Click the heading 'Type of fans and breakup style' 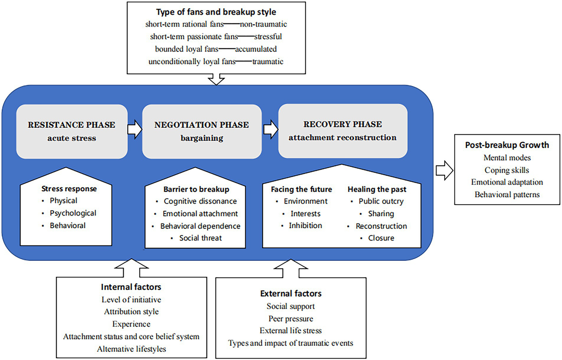tap(216, 12)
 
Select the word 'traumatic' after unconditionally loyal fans tap(268, 61)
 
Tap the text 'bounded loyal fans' tap(186, 49)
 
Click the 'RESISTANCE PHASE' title tap(72, 125)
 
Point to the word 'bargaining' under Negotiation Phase tap(202, 138)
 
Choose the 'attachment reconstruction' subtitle tap(342, 138)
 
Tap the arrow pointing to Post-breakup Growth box tap(444, 170)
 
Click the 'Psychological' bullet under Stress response tap(73, 213)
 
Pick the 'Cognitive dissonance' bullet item tap(200, 201)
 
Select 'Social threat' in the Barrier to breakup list tap(200, 238)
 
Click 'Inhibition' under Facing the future tap(305, 225)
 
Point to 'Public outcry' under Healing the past tap(381, 201)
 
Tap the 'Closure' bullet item tap(381, 238)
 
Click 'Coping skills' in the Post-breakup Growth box tap(507, 170)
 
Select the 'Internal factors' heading tap(131, 287)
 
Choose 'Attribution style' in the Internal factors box tap(131, 312)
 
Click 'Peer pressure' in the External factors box tap(291, 319)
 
